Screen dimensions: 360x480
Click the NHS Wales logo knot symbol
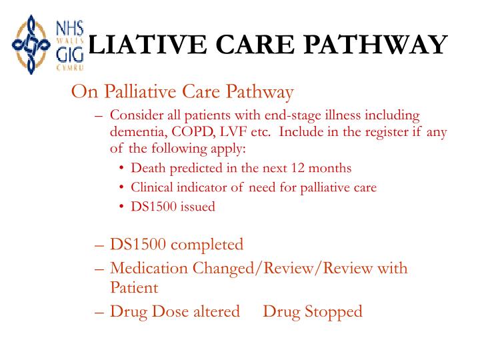(x=28, y=45)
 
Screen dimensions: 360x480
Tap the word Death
(x=147, y=168)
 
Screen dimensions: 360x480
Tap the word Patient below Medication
(x=134, y=288)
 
